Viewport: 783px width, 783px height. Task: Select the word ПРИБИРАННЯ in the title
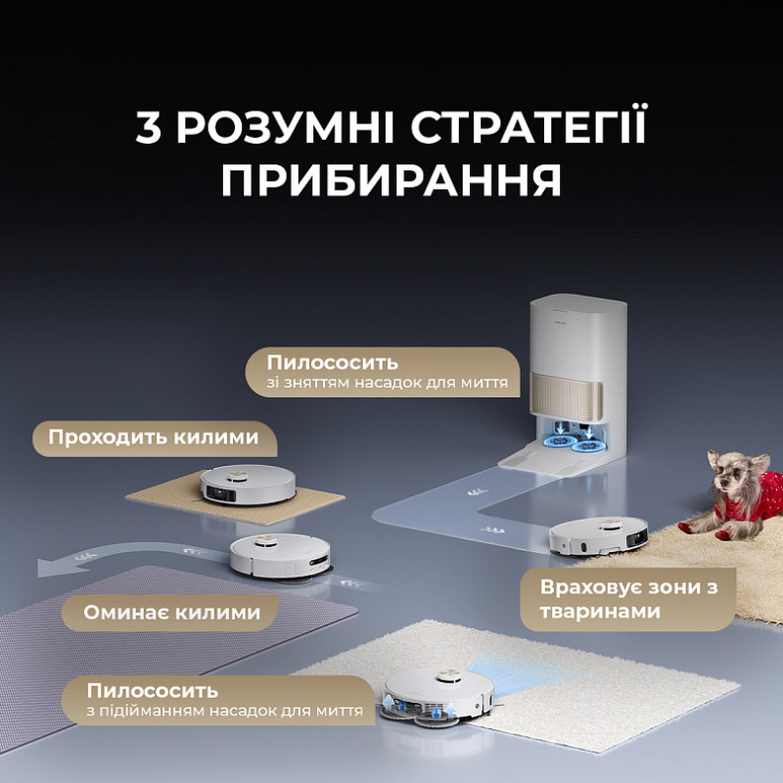click(x=391, y=181)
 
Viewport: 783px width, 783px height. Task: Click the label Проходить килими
click(x=154, y=437)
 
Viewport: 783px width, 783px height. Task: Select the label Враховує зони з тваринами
click(x=601, y=599)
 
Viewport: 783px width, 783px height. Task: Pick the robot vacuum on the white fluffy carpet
click(x=438, y=694)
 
